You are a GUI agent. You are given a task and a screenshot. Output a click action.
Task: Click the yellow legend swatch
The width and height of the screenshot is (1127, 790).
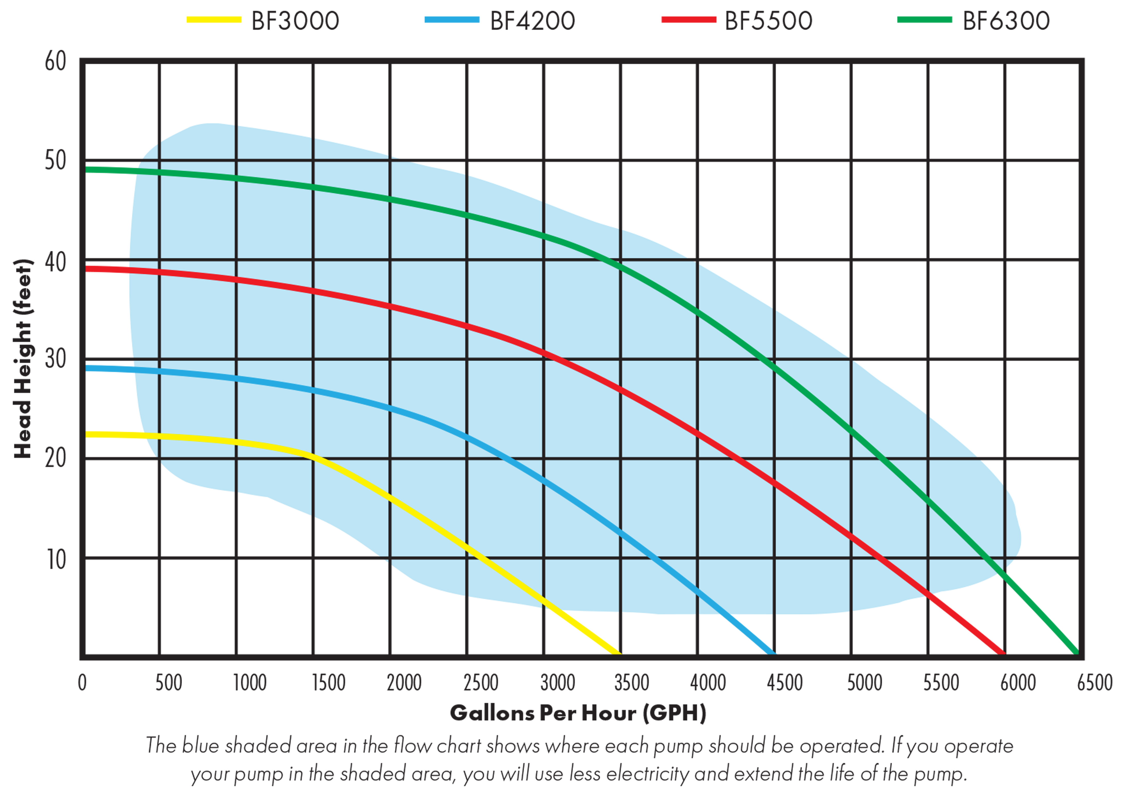(x=219, y=23)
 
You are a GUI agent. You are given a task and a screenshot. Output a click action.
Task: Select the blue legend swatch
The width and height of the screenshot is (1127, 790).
(x=458, y=23)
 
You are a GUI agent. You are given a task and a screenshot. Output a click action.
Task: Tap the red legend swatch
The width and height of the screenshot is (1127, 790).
(x=693, y=23)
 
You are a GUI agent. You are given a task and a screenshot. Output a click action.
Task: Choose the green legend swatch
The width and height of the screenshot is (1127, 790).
(x=930, y=23)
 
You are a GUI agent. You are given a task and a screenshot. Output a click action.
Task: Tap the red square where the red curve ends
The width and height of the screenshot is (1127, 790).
(x=966, y=624)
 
